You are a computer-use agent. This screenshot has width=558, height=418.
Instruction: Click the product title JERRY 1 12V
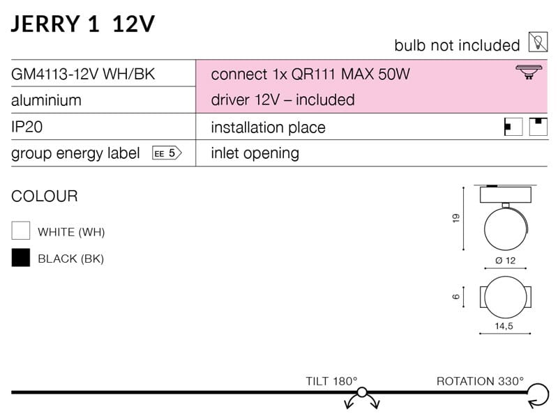point(83,24)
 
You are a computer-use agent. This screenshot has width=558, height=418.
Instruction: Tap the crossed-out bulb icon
point(538,43)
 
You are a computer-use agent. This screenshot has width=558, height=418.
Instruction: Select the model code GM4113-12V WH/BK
point(83,74)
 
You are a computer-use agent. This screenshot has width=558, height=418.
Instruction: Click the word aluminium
point(46,100)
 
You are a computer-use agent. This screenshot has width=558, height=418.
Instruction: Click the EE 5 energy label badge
point(167,154)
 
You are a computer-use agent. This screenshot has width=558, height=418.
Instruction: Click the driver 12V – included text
point(282,100)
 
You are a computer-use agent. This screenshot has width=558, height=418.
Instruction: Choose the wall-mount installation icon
point(513,127)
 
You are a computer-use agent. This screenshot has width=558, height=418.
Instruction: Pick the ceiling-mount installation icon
point(538,127)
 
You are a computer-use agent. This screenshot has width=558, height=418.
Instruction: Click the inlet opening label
point(255,154)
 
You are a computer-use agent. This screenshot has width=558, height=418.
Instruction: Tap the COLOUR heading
point(45,196)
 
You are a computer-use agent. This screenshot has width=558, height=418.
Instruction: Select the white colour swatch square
point(21,231)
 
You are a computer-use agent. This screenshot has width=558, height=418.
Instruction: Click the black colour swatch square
point(21,258)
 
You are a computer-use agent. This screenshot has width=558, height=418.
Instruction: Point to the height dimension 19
point(456,219)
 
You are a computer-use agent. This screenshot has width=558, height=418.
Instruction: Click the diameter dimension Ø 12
point(505,261)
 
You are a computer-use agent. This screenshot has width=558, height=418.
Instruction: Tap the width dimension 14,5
point(504,325)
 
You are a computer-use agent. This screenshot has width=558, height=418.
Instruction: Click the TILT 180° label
point(331,381)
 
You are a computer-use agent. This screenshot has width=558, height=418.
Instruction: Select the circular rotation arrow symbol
point(537,397)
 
